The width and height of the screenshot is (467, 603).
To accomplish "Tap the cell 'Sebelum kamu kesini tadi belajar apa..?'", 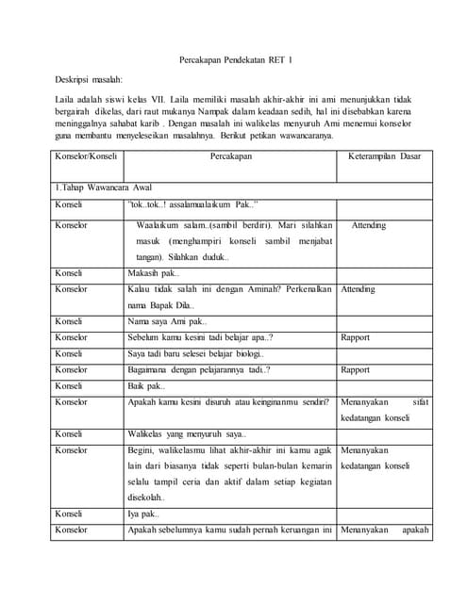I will (199, 337).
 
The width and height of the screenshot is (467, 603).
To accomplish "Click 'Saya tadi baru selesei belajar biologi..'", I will (195, 353).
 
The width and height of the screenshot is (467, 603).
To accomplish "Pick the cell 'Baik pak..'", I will (145, 386).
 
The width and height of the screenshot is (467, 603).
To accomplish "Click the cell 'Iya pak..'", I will (142, 514).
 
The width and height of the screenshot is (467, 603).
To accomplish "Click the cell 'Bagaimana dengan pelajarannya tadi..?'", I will (198, 370).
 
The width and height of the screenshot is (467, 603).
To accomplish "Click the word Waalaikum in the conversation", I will (157, 226).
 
